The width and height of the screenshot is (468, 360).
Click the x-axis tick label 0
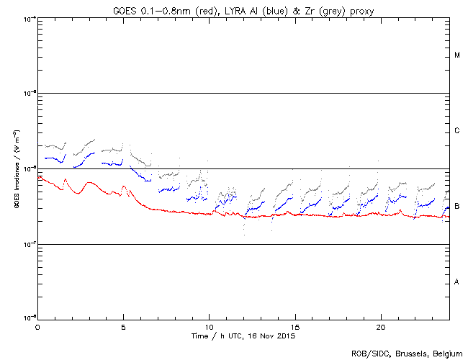(37, 326)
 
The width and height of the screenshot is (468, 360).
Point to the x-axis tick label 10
(209, 326)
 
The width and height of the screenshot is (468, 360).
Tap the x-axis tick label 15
(295, 326)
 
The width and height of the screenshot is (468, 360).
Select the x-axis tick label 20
(381, 326)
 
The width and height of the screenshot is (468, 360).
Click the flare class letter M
(457, 55)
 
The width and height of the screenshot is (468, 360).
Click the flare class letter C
(457, 131)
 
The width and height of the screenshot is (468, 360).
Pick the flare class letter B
(457, 207)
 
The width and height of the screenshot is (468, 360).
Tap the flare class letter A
(457, 282)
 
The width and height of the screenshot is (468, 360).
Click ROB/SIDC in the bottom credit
(369, 353)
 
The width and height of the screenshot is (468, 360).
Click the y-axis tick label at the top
(29, 18)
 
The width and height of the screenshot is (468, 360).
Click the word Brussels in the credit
(408, 353)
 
